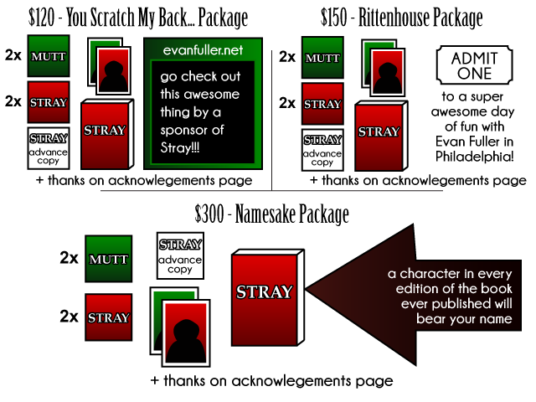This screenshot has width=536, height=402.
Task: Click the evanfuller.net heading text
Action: click(203, 50)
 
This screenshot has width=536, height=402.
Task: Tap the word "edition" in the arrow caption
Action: click(410, 289)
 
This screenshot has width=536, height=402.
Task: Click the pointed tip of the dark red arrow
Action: click(309, 290)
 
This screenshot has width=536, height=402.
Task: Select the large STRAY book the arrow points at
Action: click(264, 300)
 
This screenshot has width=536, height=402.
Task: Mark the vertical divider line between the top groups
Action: click(271, 117)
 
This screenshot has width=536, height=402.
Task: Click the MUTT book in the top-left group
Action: click(49, 56)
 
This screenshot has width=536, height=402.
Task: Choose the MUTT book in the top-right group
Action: click(322, 58)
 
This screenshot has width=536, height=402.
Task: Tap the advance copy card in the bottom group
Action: click(180, 255)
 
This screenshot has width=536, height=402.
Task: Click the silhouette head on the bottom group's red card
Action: click(185, 321)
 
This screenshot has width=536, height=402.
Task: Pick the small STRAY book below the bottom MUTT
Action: click(109, 317)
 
